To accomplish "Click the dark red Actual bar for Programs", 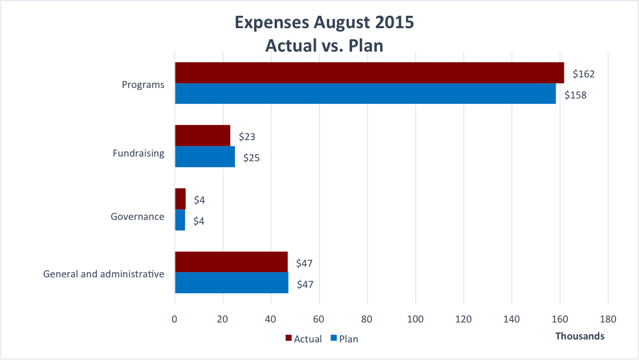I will coord(369,73).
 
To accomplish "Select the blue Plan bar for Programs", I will coord(365,94).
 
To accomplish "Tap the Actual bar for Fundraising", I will coord(202,135).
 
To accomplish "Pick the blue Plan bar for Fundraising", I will coord(205,157).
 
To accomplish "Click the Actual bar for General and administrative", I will coord(231,262).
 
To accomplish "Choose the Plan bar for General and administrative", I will coord(231,283).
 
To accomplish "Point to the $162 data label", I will coord(584,74).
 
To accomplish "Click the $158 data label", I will coord(576,95).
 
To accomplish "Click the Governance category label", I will coord(137,216).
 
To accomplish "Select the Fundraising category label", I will coord(138,153).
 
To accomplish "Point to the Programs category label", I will coord(143,84).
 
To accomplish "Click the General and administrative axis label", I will coord(104,274).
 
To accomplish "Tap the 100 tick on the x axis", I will coord(415,320).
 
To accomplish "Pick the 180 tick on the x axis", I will coord(608,320).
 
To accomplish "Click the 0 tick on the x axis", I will coord(175,320).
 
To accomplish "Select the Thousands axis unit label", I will coord(580,336).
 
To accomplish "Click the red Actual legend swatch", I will coord(288,338).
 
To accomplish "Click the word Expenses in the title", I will coord(271,22).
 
